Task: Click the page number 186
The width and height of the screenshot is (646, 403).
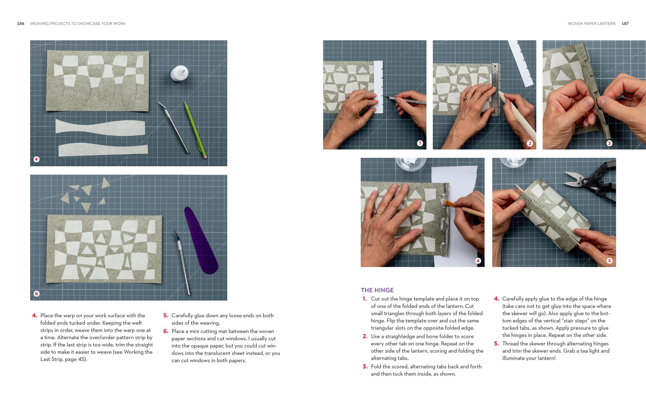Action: coord(21,24)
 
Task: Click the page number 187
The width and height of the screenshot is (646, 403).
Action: coord(625,24)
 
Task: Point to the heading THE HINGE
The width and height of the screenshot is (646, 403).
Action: coord(377,290)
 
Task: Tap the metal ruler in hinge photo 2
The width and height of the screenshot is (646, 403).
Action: coord(495,89)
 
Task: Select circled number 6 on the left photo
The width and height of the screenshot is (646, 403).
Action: coord(37,293)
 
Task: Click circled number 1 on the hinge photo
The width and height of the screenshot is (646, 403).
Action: coord(420,143)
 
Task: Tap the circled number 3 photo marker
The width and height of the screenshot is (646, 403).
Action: coord(609,143)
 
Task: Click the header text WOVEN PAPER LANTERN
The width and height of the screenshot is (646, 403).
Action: coord(591,24)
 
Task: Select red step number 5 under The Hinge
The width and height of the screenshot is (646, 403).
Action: coord(496,343)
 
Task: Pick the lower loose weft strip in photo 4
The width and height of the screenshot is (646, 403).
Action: coord(103,150)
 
